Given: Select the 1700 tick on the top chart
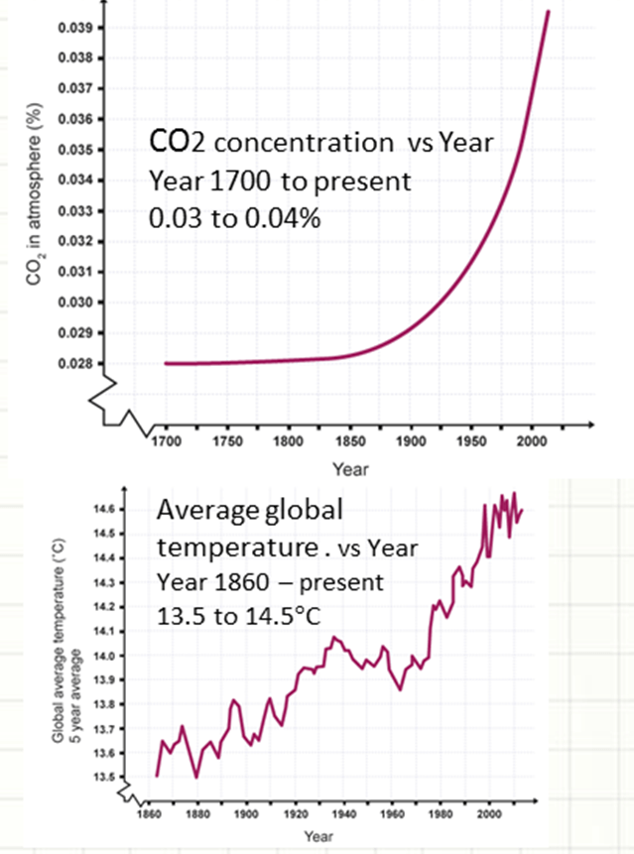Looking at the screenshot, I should pos(166,439).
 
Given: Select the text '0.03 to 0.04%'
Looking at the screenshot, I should pos(234,218).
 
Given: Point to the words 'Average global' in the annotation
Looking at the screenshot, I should pos(249,513).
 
